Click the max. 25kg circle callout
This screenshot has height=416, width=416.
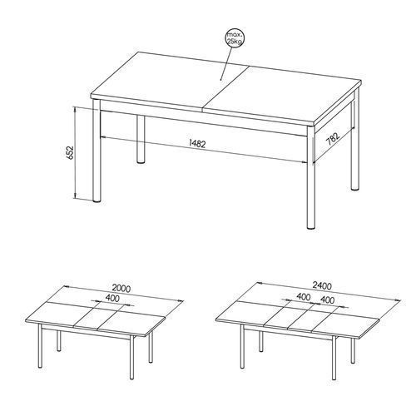coord(235,37)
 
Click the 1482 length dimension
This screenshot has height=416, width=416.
coord(197,144)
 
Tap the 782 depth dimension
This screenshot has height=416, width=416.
coord(332,139)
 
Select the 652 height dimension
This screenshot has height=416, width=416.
coord(71,152)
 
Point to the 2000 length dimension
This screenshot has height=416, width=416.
coord(121,289)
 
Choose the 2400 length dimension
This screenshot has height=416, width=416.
coord(322,285)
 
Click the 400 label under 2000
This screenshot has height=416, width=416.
coord(112,299)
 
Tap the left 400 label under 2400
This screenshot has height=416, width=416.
coord(303,297)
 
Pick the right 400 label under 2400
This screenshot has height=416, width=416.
coord(327,300)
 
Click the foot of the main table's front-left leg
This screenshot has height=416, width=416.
coord(97,200)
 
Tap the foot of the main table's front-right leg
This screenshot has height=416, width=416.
coord(311,227)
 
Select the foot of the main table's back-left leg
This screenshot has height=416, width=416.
coord(141,161)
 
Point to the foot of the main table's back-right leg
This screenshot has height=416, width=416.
coord(354,188)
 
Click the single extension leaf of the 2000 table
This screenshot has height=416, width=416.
coord(101,317)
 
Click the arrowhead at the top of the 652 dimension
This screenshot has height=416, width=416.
coord(75,110)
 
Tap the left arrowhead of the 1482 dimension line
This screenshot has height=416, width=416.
coord(103,136)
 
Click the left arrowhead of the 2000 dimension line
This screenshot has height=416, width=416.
coord(67,287)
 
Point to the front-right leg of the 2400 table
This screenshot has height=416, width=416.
coord(334,358)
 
